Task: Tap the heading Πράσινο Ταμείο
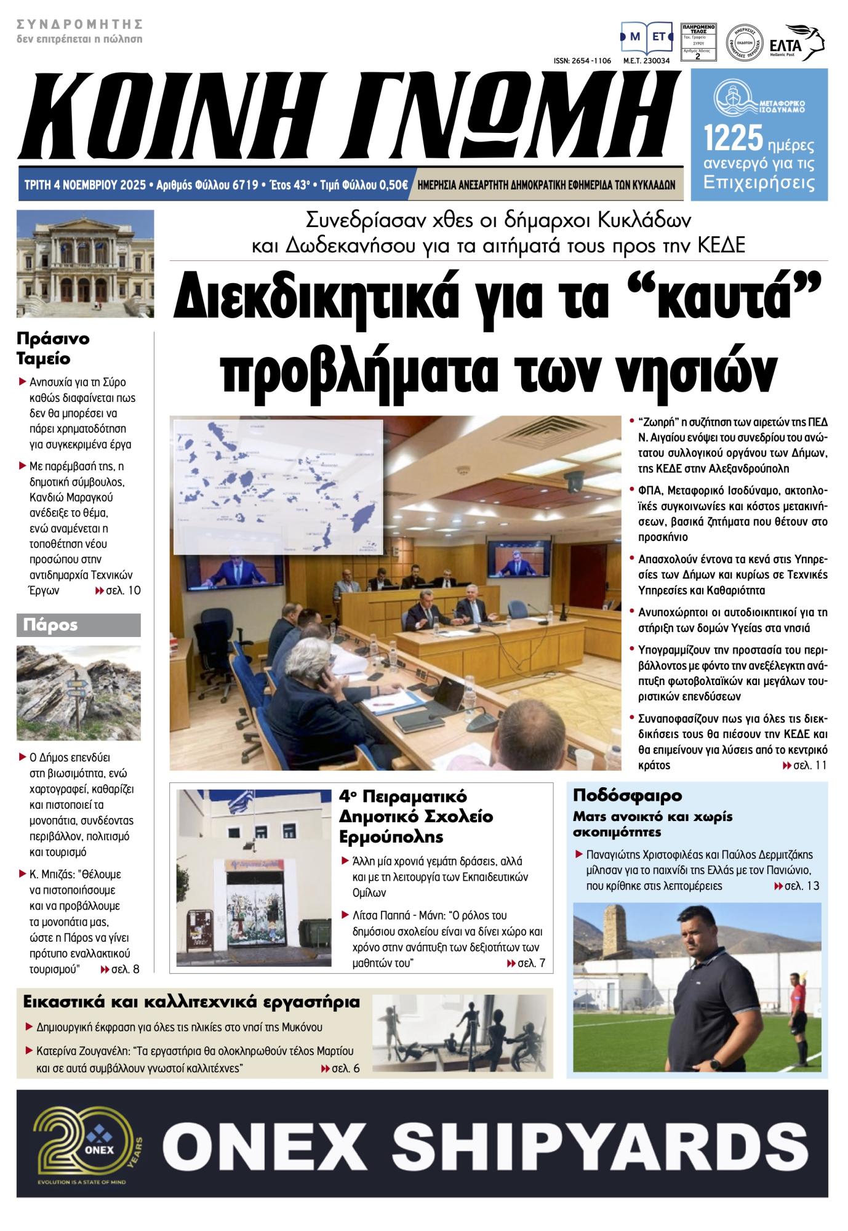[53, 348]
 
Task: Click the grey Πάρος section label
[78, 625]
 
